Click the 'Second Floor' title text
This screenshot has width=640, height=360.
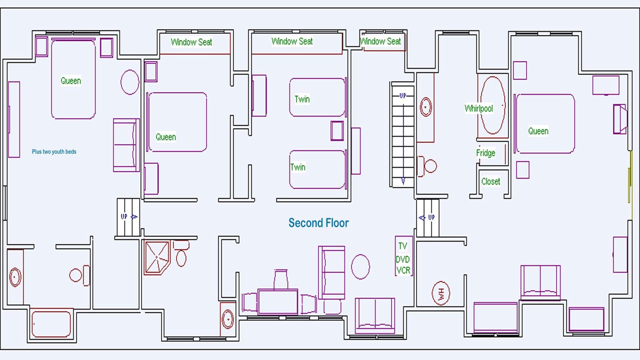click(318, 223)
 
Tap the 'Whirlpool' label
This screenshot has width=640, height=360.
click(478, 108)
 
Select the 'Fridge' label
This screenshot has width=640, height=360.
click(485, 153)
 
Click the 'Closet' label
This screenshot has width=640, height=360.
click(490, 181)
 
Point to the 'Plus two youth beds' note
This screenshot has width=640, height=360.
click(54, 151)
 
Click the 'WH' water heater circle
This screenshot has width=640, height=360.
click(440, 293)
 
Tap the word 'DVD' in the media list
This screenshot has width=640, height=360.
click(402, 259)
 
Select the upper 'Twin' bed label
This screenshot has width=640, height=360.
click(302, 99)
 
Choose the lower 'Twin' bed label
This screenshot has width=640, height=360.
click(298, 167)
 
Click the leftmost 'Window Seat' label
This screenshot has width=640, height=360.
click(191, 42)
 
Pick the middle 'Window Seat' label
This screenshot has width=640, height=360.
click(292, 41)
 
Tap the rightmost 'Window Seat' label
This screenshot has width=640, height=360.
click(380, 41)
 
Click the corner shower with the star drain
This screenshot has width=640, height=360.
click(157, 257)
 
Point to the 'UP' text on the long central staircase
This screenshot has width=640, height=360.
click(403, 95)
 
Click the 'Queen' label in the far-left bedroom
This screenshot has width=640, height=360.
click(70, 80)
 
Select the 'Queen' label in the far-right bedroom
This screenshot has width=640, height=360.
click(538, 131)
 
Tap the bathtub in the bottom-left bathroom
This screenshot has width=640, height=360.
click(51, 323)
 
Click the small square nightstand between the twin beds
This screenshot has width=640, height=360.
click(337, 131)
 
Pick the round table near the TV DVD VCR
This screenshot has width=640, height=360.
click(360, 266)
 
